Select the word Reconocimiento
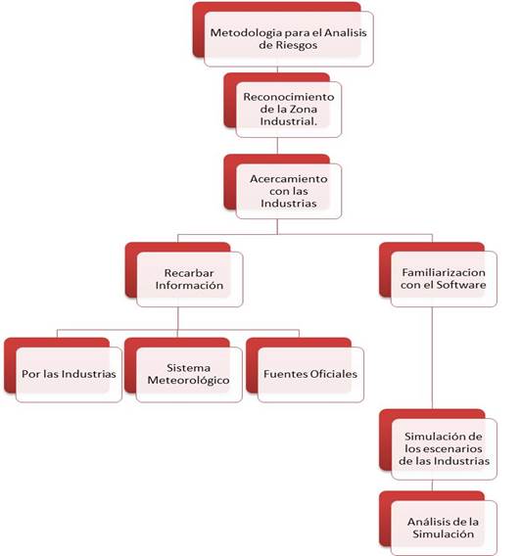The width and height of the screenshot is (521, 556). click(289, 97)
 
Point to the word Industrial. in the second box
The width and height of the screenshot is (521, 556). click(288, 121)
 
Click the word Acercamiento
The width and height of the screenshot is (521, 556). click(289, 179)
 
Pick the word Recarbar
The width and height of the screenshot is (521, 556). click(189, 273)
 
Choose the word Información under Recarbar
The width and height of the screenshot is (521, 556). click(189, 286)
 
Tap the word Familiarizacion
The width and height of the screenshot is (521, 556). click(444, 272)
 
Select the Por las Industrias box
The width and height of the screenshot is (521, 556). click(69, 375)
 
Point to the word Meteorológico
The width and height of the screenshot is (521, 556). click(189, 381)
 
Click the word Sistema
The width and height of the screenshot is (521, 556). click(188, 368)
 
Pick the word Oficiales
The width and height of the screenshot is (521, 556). click(333, 374)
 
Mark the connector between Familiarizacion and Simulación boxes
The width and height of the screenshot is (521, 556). click(432, 358)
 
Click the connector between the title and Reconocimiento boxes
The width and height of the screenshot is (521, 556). click(277, 69)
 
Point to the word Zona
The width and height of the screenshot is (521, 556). click(304, 110)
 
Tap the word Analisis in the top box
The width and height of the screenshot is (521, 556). click(346, 33)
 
